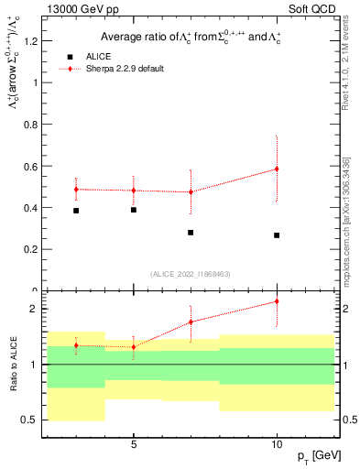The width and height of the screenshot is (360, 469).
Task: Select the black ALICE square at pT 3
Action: [x=76, y=211]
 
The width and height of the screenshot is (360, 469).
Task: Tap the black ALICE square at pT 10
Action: [x=277, y=235]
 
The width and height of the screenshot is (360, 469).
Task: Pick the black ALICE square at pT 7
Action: [x=191, y=233]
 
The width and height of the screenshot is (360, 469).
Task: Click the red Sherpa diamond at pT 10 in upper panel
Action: [x=277, y=169]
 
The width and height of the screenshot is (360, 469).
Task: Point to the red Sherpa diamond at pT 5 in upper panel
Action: [x=134, y=191]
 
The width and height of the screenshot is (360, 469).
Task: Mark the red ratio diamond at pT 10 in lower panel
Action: [x=277, y=301]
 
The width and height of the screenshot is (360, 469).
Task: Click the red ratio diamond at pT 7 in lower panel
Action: [x=191, y=322]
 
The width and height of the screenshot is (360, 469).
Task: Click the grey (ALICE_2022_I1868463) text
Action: [x=190, y=273]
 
